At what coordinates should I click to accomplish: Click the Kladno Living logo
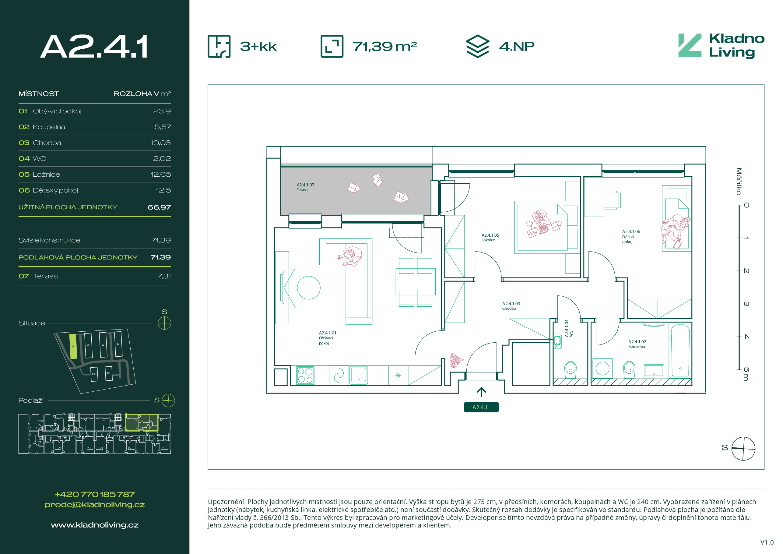(721, 46)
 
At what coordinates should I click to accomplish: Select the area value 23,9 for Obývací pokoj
(162, 111)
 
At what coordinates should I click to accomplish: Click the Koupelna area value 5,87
(163, 127)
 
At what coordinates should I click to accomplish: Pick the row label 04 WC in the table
(32, 159)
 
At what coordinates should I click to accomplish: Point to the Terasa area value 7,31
(164, 276)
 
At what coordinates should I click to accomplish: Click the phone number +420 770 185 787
(95, 494)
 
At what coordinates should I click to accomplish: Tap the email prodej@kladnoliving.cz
(95, 505)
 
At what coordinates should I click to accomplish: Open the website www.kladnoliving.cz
(95, 525)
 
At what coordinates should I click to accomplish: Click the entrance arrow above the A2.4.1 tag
(481, 392)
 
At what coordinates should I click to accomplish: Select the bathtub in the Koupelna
(680, 350)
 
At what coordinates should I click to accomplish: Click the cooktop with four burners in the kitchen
(305, 375)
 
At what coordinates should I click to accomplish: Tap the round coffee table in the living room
(309, 288)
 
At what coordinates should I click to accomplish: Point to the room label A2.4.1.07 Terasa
(305, 187)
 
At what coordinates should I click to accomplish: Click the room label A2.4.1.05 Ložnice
(490, 238)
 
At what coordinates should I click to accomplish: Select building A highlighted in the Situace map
(73, 346)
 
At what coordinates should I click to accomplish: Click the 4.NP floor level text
(517, 46)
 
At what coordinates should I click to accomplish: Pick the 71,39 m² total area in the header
(385, 46)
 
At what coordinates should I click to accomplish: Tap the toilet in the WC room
(570, 370)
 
